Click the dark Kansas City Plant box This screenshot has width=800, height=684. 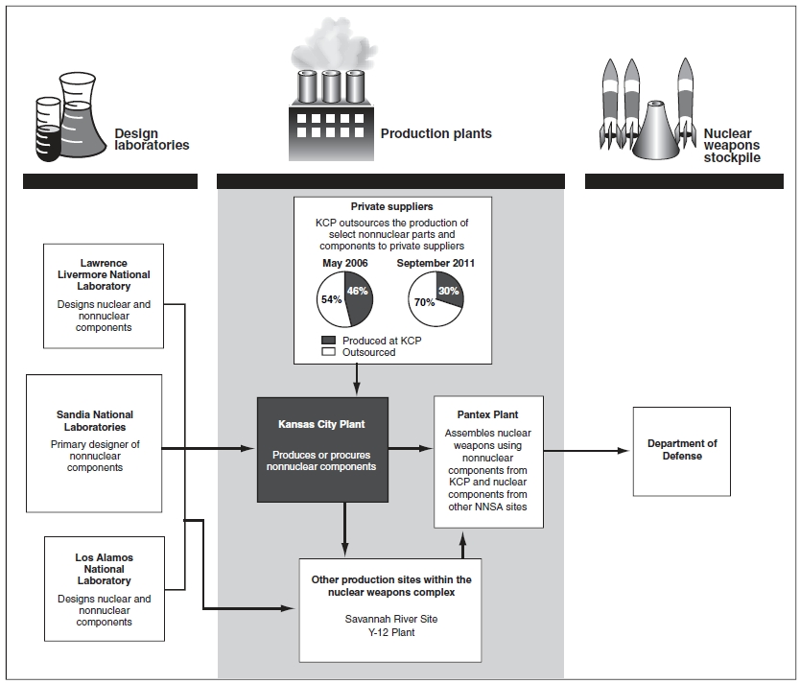click(x=321, y=449)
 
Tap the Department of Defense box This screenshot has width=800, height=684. click(x=682, y=450)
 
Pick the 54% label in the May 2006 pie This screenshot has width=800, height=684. click(x=329, y=300)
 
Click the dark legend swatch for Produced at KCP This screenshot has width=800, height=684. click(x=326, y=341)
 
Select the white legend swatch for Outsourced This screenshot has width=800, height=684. click(x=326, y=352)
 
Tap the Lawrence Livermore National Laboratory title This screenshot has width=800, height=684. click(x=104, y=274)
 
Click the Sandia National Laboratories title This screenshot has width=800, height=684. click(x=92, y=421)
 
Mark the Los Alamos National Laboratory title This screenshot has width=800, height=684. click(x=104, y=569)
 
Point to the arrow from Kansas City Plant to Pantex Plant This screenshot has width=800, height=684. click(x=412, y=447)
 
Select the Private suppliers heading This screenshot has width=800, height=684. click(x=392, y=205)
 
